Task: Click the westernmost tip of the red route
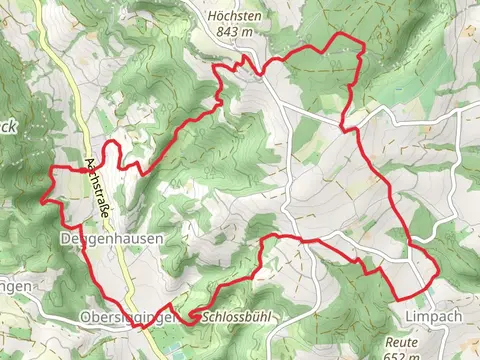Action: click(x=41, y=200)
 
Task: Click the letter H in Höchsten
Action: click(x=211, y=16)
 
